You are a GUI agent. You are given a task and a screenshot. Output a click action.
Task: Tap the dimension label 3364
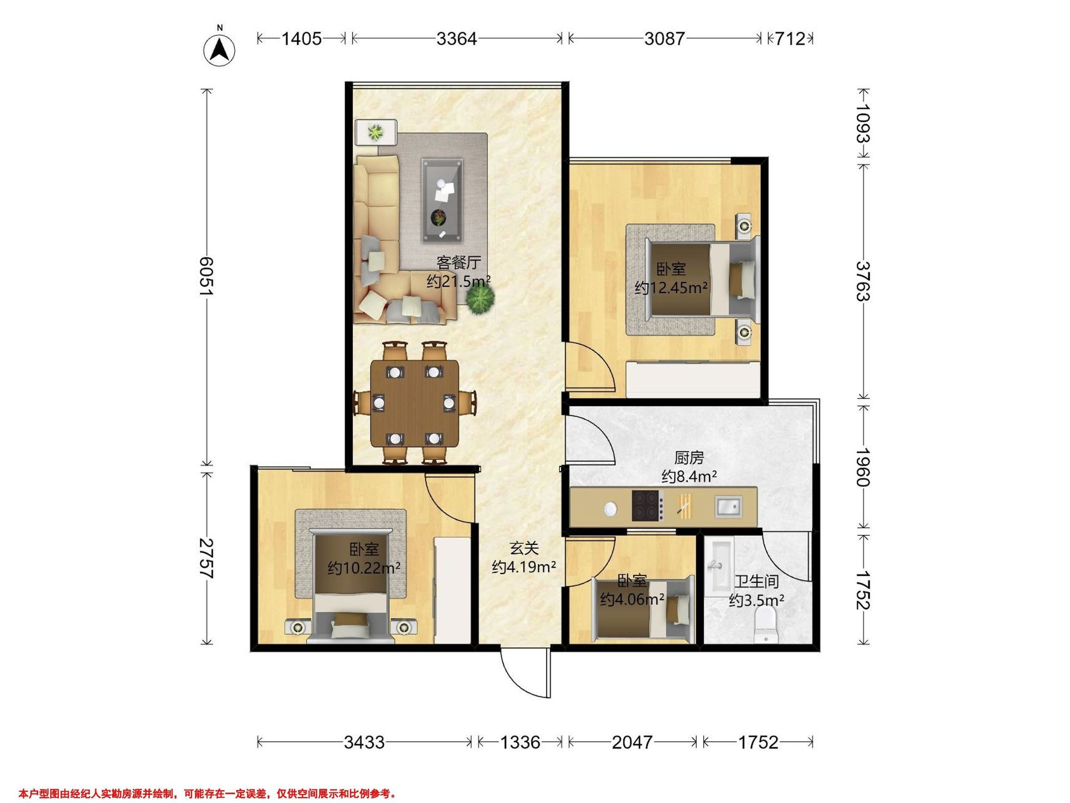pos(457,39)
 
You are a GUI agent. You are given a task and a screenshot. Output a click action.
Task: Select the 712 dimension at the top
pos(790,39)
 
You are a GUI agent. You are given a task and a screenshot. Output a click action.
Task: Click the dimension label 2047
pos(632,742)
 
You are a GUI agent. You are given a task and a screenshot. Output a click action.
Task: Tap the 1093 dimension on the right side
pos(863,124)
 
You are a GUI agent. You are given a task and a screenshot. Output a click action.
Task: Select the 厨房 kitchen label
pos(689,457)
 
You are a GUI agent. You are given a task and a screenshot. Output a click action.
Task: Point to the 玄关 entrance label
pos(524,548)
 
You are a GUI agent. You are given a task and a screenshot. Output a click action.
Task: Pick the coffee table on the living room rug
pos(441,200)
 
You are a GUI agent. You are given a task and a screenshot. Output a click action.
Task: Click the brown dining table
pos(415,403)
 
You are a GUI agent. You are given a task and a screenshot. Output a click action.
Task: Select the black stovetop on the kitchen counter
pos(647,505)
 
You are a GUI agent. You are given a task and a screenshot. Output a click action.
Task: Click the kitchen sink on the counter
pos(728,506)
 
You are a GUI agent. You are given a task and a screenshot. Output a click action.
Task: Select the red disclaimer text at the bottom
pos(207,793)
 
